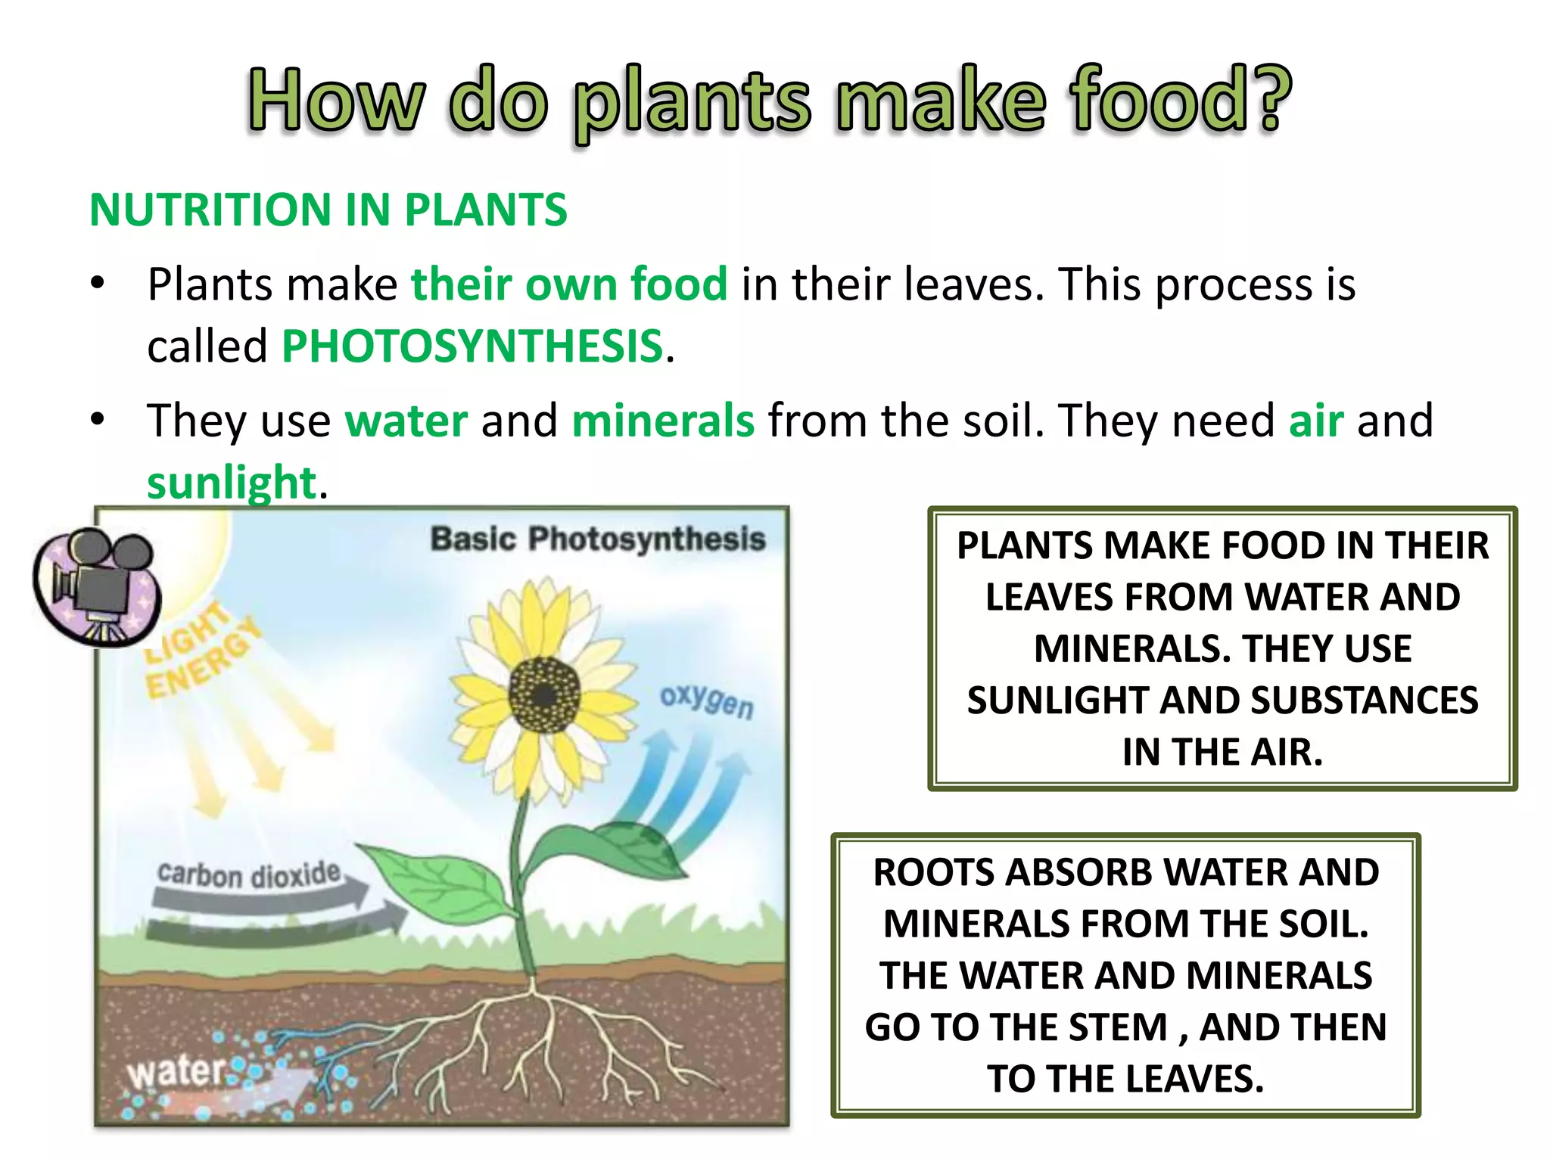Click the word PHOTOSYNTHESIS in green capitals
(472, 346)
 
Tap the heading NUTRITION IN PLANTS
(328, 210)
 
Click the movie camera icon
(97, 586)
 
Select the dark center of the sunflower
(544, 694)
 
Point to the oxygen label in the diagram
(707, 701)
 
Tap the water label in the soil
(176, 1072)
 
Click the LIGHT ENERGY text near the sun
(201, 652)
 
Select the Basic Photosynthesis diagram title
(598, 539)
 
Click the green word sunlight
(231, 483)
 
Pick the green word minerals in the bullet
(663, 421)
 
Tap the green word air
(1316, 421)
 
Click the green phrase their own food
(569, 284)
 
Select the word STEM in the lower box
(1119, 1027)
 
